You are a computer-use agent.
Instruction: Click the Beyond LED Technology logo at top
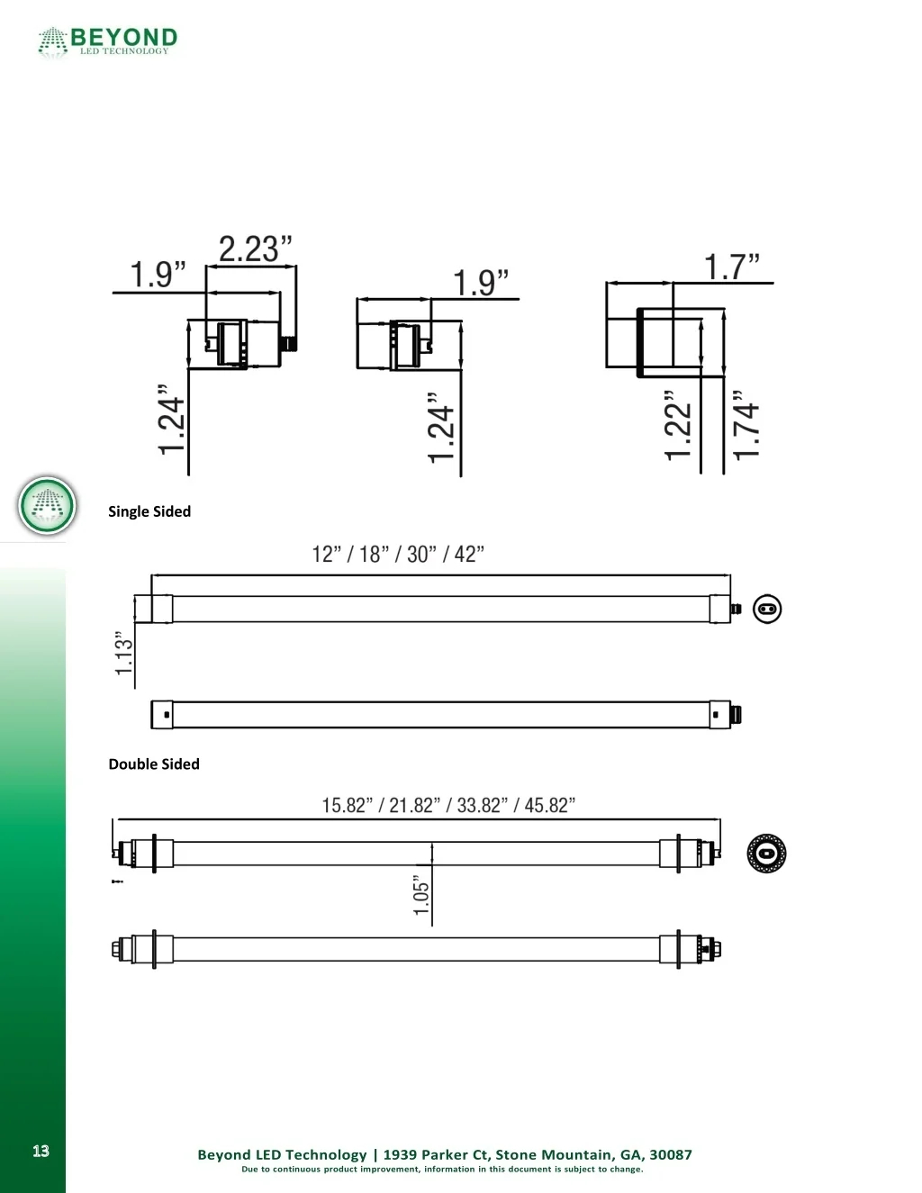(107, 41)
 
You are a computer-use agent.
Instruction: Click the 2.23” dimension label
(255, 249)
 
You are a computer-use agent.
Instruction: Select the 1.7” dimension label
(731, 267)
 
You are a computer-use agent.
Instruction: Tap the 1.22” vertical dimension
(678, 426)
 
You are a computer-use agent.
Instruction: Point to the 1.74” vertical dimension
(746, 426)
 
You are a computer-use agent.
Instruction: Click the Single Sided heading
(149, 511)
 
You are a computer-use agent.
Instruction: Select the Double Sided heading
(154, 764)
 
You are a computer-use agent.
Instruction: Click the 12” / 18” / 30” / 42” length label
(398, 554)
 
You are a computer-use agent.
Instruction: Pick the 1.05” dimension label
(421, 896)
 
